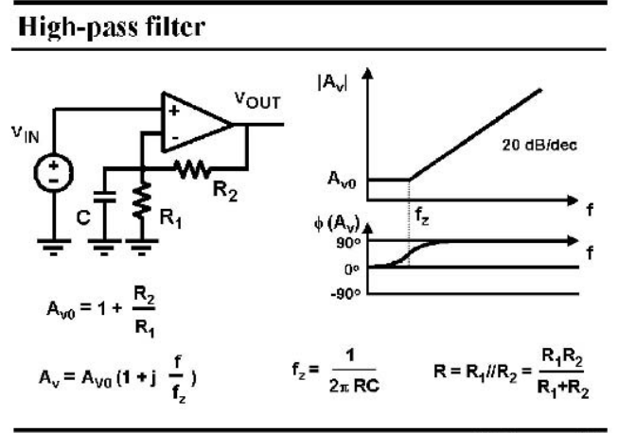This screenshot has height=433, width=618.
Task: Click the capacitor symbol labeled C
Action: pyautogui.click(x=104, y=197)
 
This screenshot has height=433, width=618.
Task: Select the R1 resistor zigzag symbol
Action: pyautogui.click(x=142, y=200)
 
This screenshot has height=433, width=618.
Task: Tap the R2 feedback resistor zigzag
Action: pyautogui.click(x=192, y=169)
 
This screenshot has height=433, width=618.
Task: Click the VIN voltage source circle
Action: pyautogui.click(x=54, y=173)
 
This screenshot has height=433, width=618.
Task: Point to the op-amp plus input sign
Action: pyautogui.click(x=174, y=111)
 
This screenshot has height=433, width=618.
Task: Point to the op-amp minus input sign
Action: pyautogui.click(x=175, y=138)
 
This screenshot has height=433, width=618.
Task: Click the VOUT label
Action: pyautogui.click(x=257, y=100)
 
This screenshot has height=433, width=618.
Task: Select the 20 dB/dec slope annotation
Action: pyautogui.click(x=539, y=146)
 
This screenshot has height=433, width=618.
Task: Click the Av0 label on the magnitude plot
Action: pyautogui.click(x=342, y=180)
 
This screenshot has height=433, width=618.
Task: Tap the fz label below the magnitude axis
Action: pyautogui.click(x=422, y=216)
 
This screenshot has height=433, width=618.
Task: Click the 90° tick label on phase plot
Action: pyautogui.click(x=348, y=243)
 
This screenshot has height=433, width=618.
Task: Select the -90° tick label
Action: pyautogui.click(x=345, y=294)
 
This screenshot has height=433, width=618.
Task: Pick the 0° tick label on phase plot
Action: pyautogui.click(x=351, y=269)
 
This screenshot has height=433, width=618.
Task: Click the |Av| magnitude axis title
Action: pyautogui.click(x=332, y=83)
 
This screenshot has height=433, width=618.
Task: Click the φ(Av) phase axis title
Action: pyautogui.click(x=337, y=223)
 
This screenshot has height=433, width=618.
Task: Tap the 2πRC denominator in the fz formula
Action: pyautogui.click(x=354, y=386)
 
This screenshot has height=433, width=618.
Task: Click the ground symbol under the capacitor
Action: pyautogui.click(x=104, y=247)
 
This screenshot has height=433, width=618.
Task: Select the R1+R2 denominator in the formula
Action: pyautogui.click(x=563, y=389)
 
